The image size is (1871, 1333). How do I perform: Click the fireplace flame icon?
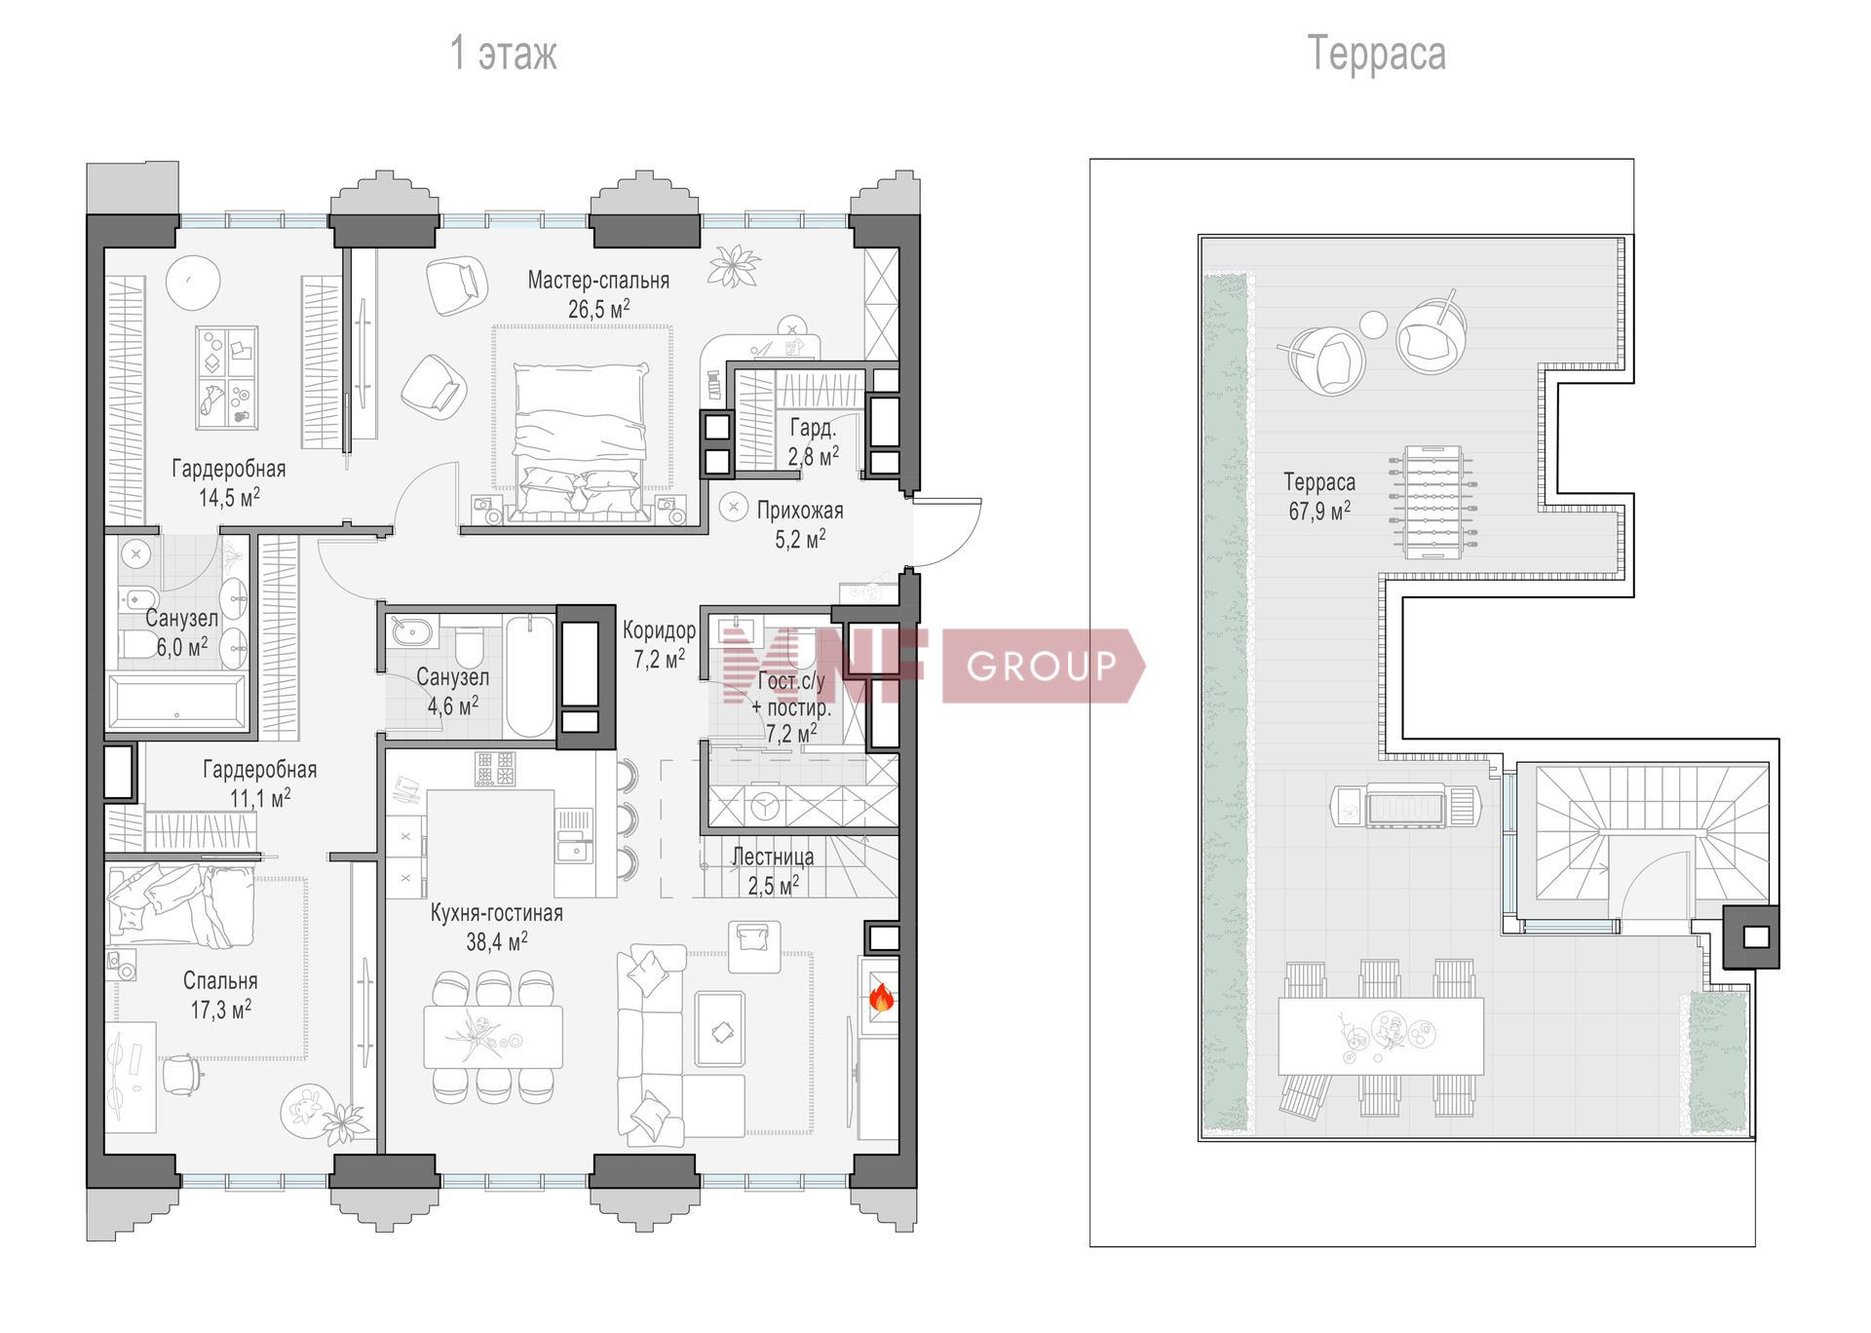tap(881, 997)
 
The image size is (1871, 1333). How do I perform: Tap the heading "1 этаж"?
tap(503, 53)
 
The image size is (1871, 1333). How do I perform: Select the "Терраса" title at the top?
tap(1376, 53)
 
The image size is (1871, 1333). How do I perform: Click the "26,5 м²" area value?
tap(598, 310)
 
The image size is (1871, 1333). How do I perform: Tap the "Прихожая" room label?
tap(800, 511)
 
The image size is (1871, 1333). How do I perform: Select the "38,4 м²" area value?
tap(497, 941)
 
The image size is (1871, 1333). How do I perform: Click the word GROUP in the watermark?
tap(1041, 666)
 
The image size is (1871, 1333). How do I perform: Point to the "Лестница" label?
tap(773, 857)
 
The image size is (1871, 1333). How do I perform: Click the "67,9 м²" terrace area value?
tap(1319, 511)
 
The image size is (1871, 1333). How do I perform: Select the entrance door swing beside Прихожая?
tap(946, 532)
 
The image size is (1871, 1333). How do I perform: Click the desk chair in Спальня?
tap(183, 1075)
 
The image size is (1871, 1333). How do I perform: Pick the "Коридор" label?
tap(659, 630)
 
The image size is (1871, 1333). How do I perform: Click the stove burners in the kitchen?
tap(495, 769)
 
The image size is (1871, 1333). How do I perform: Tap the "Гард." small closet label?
tap(813, 428)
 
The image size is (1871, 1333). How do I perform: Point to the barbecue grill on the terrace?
tap(1406, 806)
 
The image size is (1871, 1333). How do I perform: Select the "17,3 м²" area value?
tap(220, 1009)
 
